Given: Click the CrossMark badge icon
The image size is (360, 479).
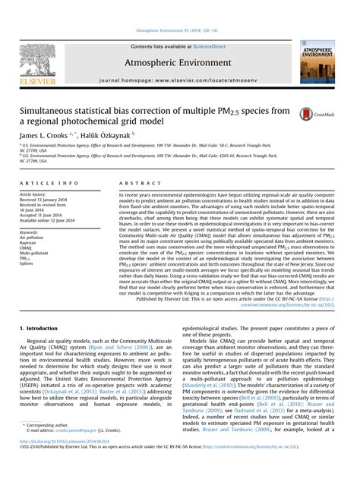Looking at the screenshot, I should point(311,114).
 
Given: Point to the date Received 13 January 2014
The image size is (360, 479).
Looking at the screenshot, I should point(45,200).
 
